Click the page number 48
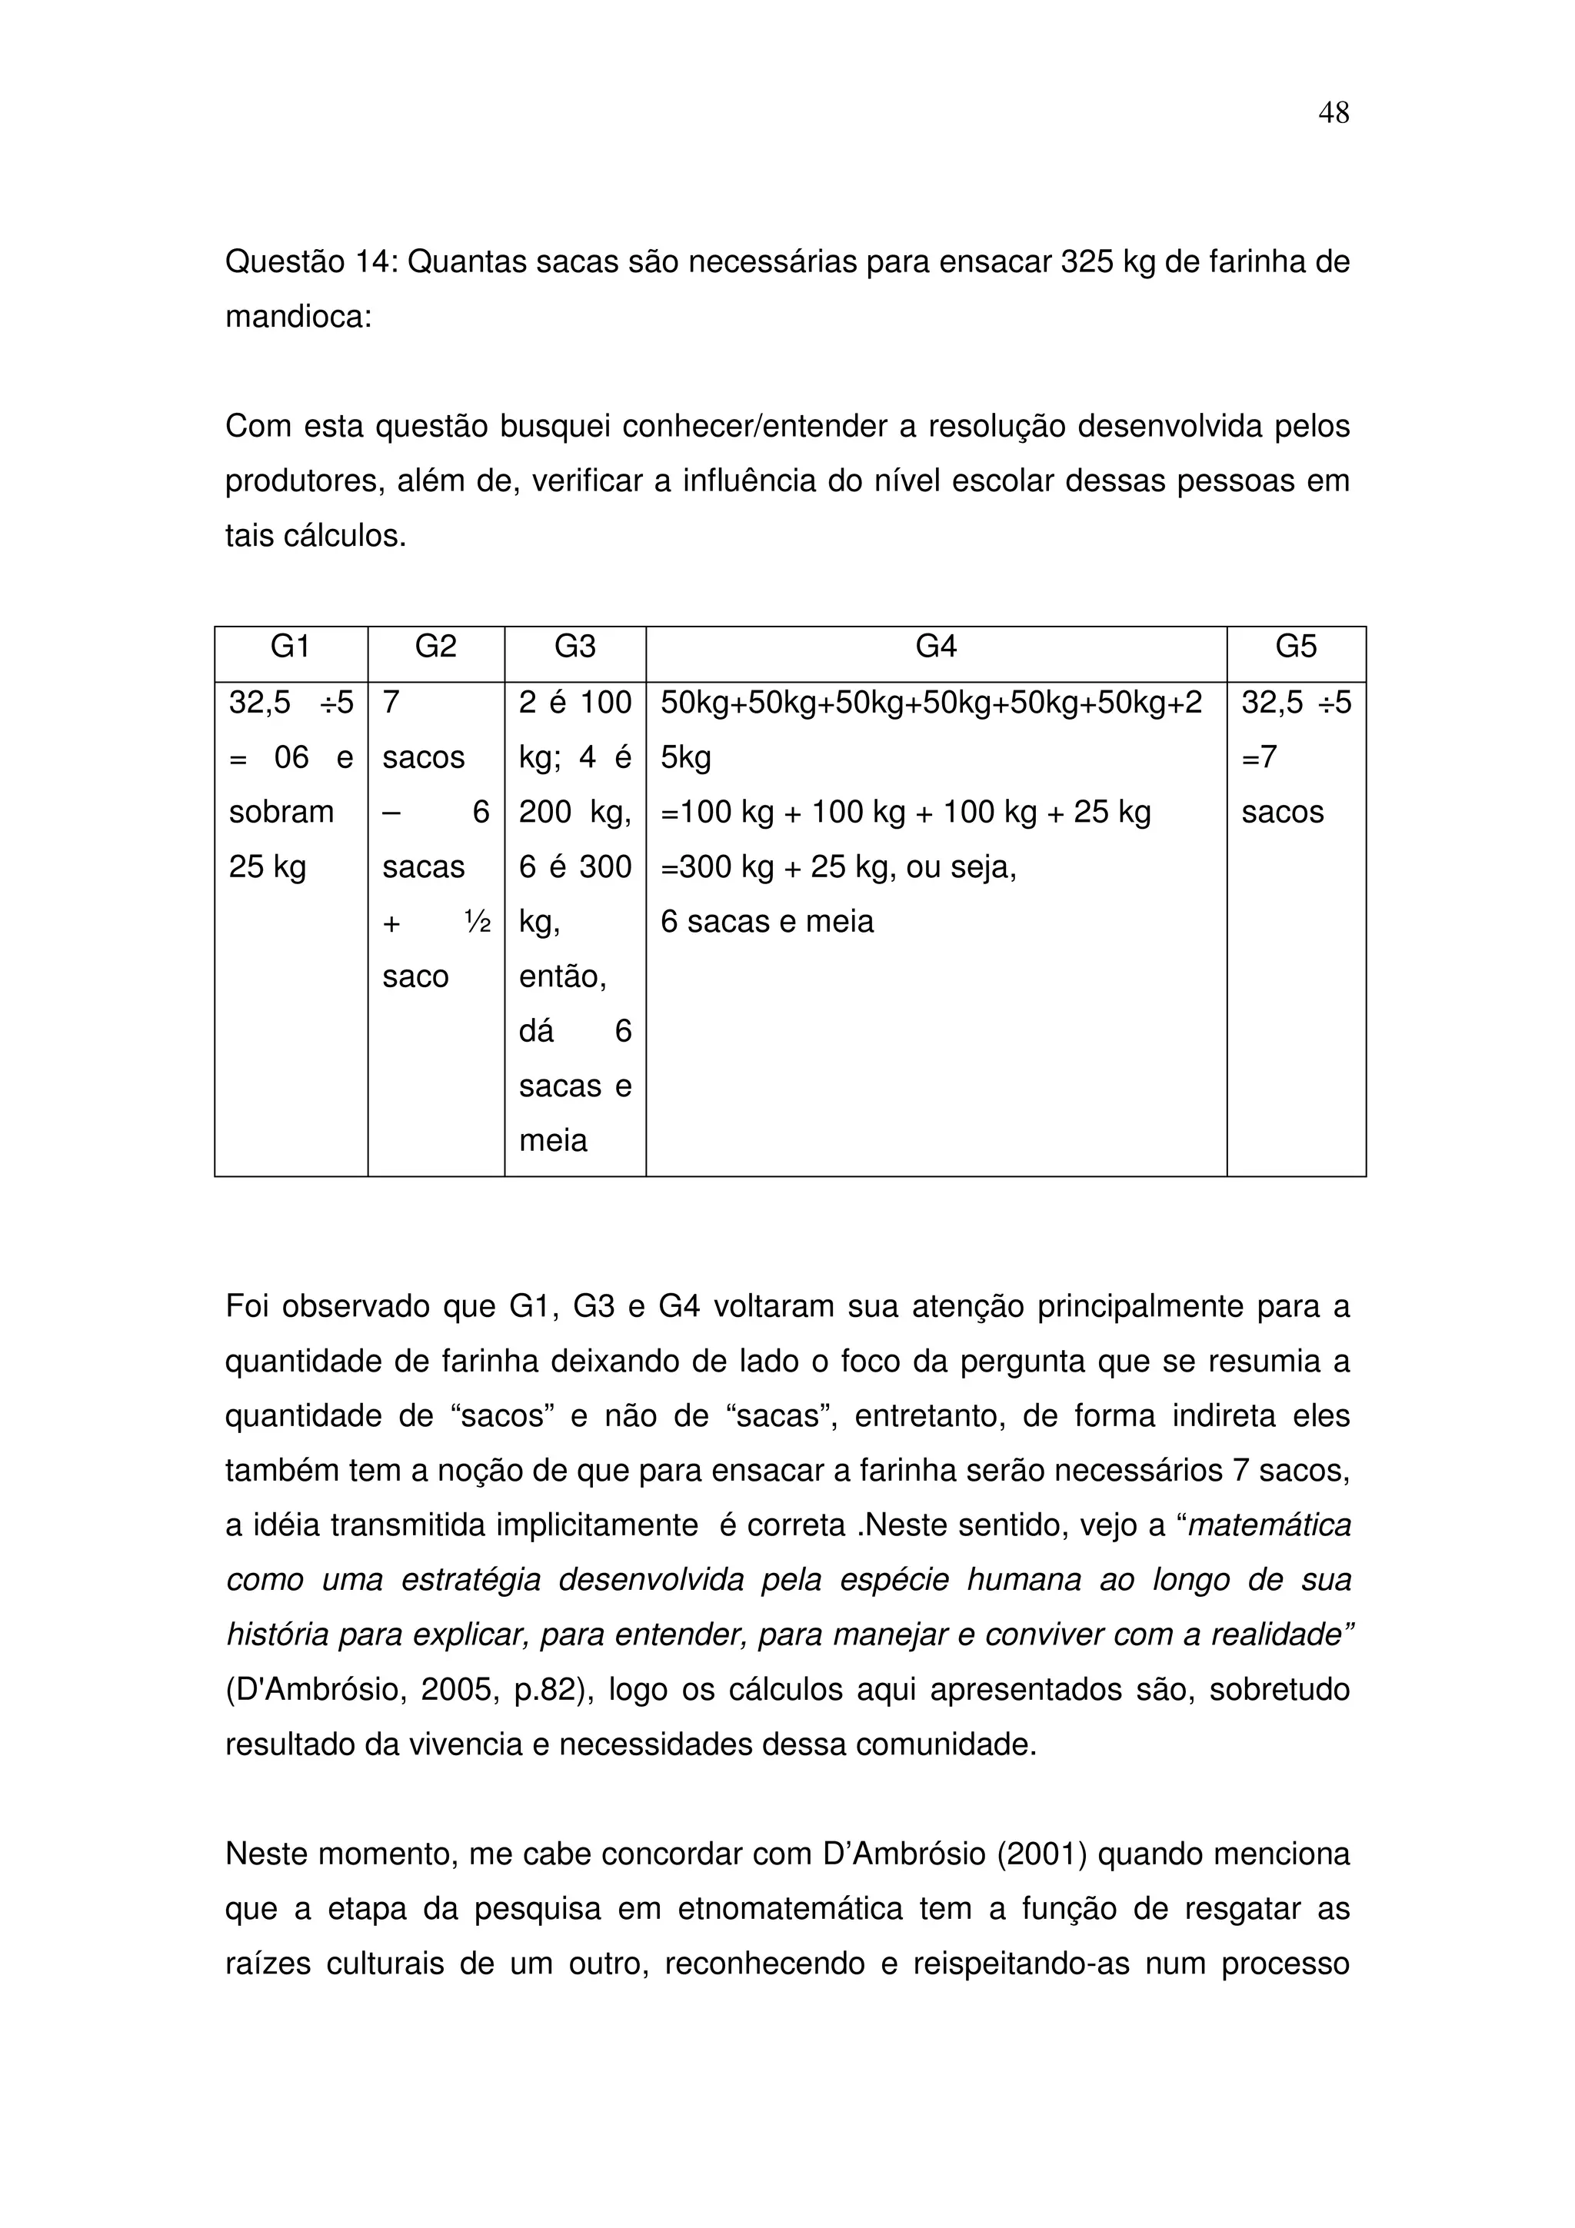(x=1334, y=114)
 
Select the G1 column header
(x=290, y=647)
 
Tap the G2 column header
(x=436, y=647)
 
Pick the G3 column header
(x=574, y=647)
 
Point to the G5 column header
(x=1296, y=647)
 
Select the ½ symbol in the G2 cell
(x=477, y=922)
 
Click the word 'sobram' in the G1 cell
(x=281, y=812)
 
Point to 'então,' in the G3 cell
(x=563, y=976)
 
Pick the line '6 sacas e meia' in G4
(x=767, y=922)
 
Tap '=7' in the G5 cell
(x=1260, y=757)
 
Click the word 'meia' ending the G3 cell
(x=553, y=1141)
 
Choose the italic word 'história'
(x=274, y=1635)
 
